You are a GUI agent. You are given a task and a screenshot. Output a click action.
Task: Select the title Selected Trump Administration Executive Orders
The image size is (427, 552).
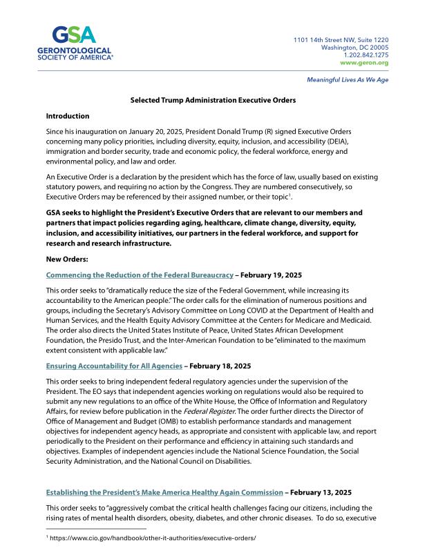coord(213,100)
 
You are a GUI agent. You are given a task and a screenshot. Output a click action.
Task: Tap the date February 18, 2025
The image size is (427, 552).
coord(225,366)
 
